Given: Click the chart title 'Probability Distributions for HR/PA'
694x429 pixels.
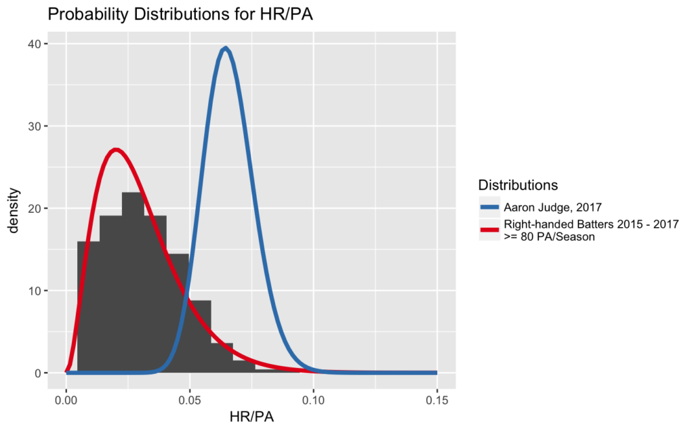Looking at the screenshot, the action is (x=180, y=15).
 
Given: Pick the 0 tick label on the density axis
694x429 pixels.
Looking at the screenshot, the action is (x=39, y=373).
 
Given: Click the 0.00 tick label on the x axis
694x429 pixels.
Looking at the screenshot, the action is (x=66, y=401).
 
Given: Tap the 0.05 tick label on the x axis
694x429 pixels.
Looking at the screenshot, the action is (x=190, y=401).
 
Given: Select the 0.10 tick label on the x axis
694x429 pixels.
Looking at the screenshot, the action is (x=313, y=401).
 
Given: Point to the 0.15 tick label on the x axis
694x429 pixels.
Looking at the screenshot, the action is (x=437, y=401).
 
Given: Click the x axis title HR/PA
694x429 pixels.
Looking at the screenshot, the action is (x=251, y=417).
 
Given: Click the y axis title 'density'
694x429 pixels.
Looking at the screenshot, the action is (x=14, y=211).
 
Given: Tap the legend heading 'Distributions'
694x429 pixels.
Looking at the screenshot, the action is (x=518, y=184).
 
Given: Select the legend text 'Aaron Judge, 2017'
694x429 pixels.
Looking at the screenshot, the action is (x=553, y=207).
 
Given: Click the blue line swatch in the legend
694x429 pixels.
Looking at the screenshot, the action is (x=489, y=207).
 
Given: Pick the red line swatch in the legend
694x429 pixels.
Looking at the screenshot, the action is (x=489, y=230).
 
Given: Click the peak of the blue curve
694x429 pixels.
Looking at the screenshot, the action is (x=226, y=48).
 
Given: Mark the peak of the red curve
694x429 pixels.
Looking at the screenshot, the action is (x=115, y=150).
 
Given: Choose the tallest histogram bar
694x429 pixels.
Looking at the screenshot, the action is (x=134, y=283).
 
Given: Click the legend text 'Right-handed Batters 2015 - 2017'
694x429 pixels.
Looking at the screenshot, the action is (x=591, y=224).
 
